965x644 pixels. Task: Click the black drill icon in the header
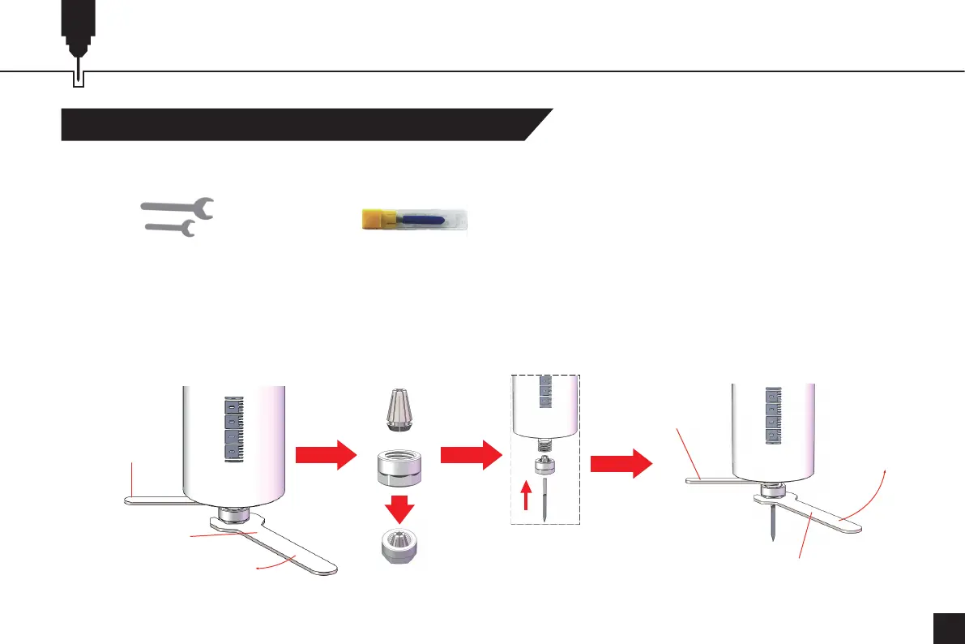[78, 32]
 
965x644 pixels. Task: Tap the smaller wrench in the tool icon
[169, 230]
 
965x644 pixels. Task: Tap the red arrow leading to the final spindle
[621, 465]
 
